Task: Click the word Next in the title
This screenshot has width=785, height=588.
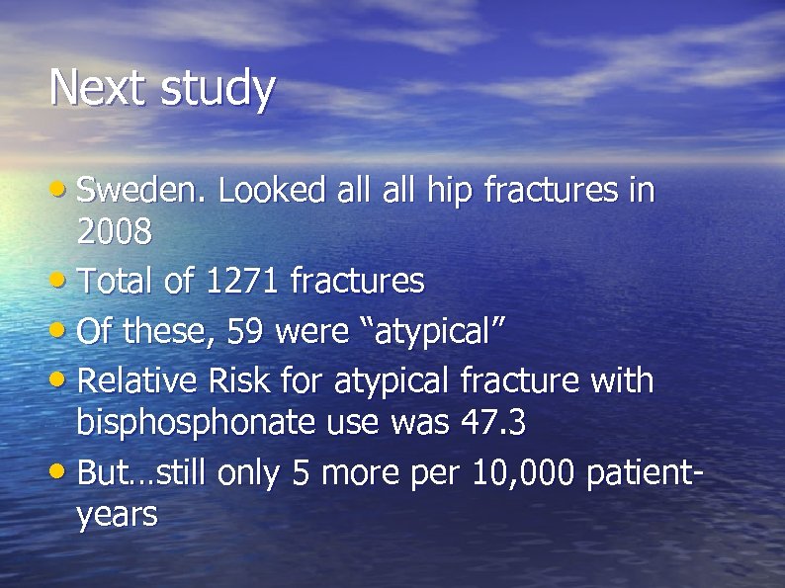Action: tap(97, 87)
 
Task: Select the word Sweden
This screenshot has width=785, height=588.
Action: tap(141, 190)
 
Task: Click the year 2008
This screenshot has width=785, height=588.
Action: tap(115, 233)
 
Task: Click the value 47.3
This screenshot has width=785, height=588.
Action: tap(493, 423)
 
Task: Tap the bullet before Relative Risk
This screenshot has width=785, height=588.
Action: tap(61, 378)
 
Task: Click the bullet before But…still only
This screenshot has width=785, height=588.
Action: tap(61, 471)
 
